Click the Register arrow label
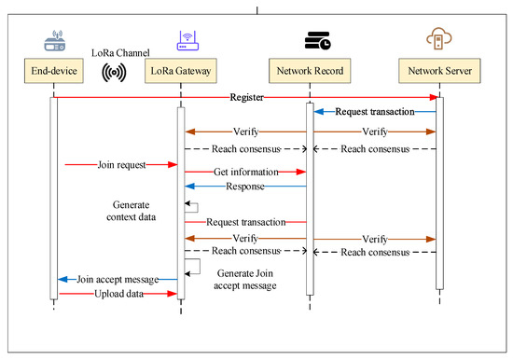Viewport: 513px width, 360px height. click(x=247, y=96)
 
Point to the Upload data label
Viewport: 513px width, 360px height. click(x=118, y=294)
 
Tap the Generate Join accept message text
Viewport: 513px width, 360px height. click(x=246, y=279)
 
